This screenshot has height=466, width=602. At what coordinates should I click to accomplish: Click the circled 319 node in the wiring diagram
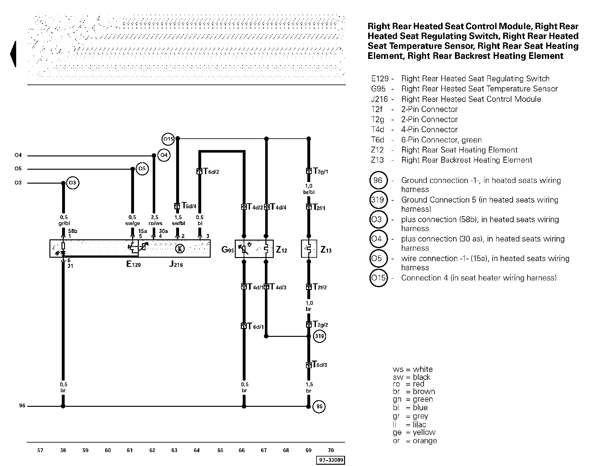(x=319, y=336)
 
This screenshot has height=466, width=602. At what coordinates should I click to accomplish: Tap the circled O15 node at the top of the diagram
(x=168, y=139)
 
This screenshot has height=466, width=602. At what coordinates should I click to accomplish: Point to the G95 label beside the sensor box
(x=227, y=250)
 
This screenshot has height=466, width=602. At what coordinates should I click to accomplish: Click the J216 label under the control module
(x=176, y=264)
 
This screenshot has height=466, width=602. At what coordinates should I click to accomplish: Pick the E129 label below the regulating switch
(x=133, y=264)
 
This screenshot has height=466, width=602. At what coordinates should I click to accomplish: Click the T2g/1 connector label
(x=321, y=171)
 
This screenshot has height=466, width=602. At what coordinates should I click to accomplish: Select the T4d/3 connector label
(x=278, y=287)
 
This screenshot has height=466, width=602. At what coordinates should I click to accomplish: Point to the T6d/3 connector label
(x=320, y=364)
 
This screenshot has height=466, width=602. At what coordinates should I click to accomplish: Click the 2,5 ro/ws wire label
(x=155, y=220)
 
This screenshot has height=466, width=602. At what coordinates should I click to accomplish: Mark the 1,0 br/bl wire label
(x=309, y=189)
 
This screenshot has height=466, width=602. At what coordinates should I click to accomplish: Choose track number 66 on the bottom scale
(x=242, y=450)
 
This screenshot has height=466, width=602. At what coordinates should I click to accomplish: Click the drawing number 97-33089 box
(x=330, y=460)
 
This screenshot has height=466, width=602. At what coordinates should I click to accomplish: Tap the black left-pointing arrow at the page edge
(x=13, y=54)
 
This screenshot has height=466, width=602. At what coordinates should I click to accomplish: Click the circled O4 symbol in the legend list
(x=378, y=239)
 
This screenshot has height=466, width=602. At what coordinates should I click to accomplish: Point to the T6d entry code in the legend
(x=378, y=140)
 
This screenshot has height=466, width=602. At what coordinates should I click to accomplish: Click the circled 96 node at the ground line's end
(x=319, y=406)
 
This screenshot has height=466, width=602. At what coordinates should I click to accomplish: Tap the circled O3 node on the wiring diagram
(x=73, y=183)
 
